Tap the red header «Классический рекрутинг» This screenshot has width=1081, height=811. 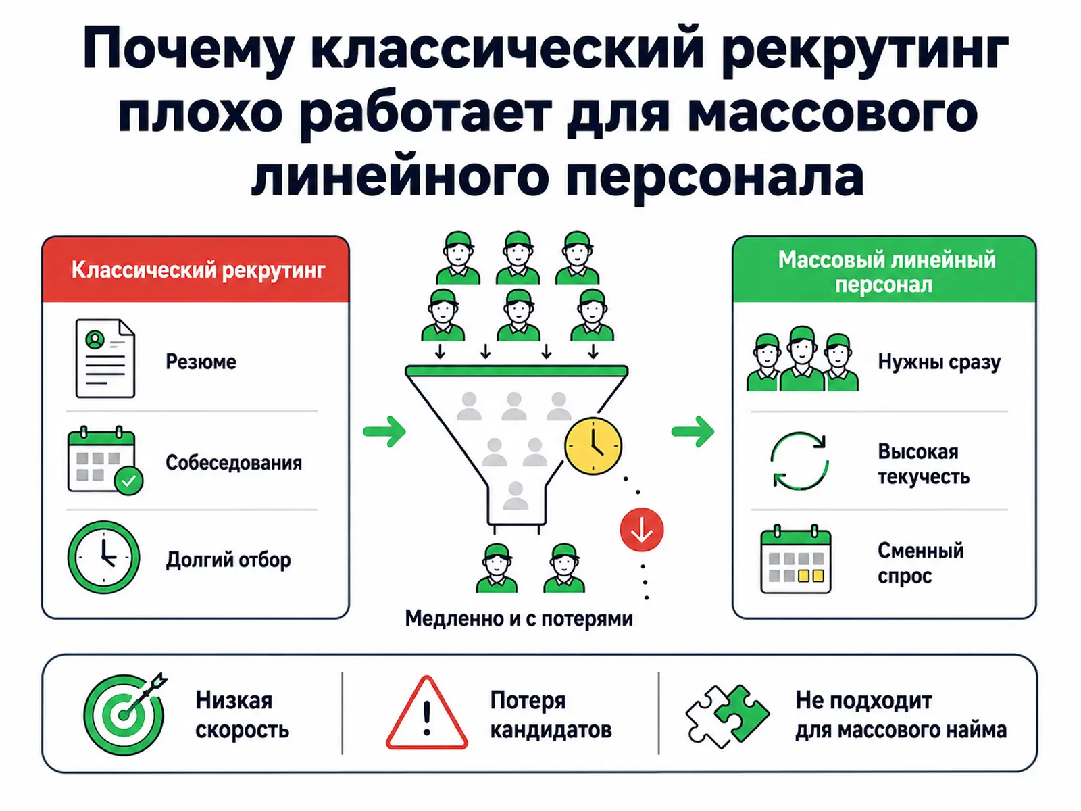click(199, 270)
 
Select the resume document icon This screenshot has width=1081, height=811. click(105, 358)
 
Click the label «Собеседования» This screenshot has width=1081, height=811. click(234, 463)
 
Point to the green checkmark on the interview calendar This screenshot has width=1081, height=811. click(128, 481)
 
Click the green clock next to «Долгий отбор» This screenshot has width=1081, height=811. click(103, 557)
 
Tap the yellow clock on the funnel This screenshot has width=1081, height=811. click(593, 446)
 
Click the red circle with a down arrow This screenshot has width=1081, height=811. click(642, 529)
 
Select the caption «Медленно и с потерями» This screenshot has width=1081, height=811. click(519, 619)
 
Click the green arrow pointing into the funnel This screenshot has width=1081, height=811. click(384, 432)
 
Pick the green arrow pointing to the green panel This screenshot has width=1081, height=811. click(693, 432)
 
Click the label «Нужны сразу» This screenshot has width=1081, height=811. click(939, 362)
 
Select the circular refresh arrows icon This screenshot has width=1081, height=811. click(800, 461)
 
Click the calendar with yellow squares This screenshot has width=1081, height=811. click(796, 559)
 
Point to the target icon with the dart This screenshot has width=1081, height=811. click(124, 714)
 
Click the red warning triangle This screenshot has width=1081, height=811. click(426, 714)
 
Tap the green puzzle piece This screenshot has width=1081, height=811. click(742, 713)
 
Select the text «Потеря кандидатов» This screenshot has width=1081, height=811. click(551, 715)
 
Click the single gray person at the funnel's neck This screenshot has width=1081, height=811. click(516, 496)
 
